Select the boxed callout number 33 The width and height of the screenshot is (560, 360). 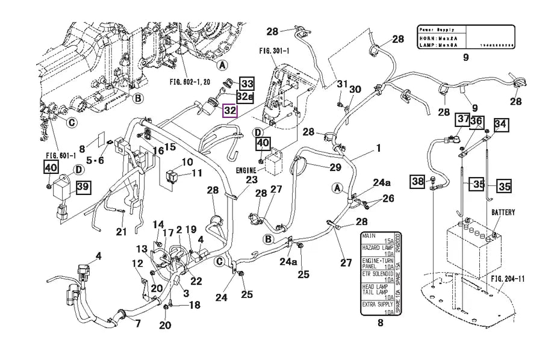click(247, 84)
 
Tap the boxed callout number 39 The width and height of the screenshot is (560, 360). click(82, 187)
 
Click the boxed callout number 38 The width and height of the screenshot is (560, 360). click(418, 180)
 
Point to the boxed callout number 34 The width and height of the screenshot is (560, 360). click(500, 124)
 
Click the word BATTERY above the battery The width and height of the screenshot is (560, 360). click(503, 213)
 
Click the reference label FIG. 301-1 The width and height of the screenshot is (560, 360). click(275, 52)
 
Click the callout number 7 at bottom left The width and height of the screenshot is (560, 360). click(138, 324)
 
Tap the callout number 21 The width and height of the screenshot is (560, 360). click(121, 231)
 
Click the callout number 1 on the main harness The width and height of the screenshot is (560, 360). click(379, 147)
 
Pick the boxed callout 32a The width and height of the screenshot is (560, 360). click(244, 97)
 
